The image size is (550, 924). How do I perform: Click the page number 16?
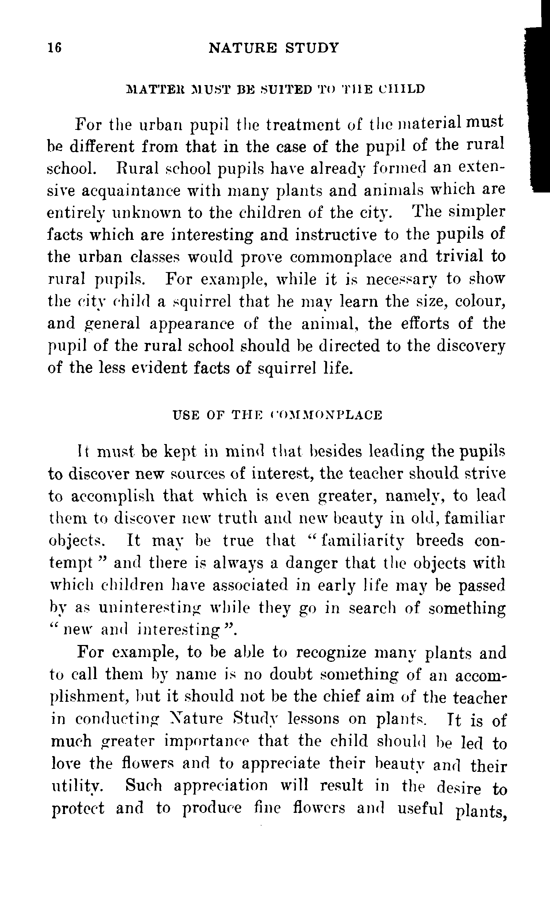click(55, 48)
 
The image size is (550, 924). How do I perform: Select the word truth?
click(236, 518)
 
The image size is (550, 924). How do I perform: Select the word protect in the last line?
click(78, 808)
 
